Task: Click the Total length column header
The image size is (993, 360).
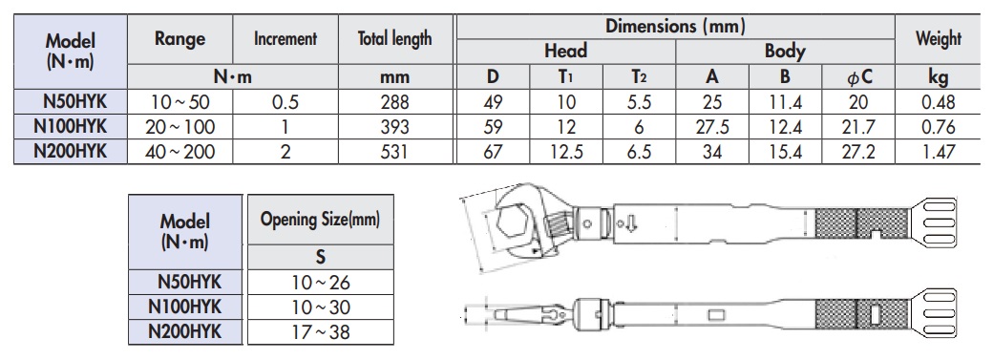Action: tap(394, 38)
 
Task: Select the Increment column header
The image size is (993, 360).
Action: tap(285, 38)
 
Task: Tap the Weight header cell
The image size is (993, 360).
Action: tap(938, 38)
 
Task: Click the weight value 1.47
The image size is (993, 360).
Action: tap(938, 152)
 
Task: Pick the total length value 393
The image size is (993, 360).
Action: tap(394, 127)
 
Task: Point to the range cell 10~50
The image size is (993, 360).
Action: tap(180, 102)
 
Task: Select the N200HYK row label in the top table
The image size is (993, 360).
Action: tap(71, 152)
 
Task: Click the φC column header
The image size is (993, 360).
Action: tap(859, 77)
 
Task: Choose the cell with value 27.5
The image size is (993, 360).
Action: tap(712, 127)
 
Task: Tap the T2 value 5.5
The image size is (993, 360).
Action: tap(639, 102)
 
